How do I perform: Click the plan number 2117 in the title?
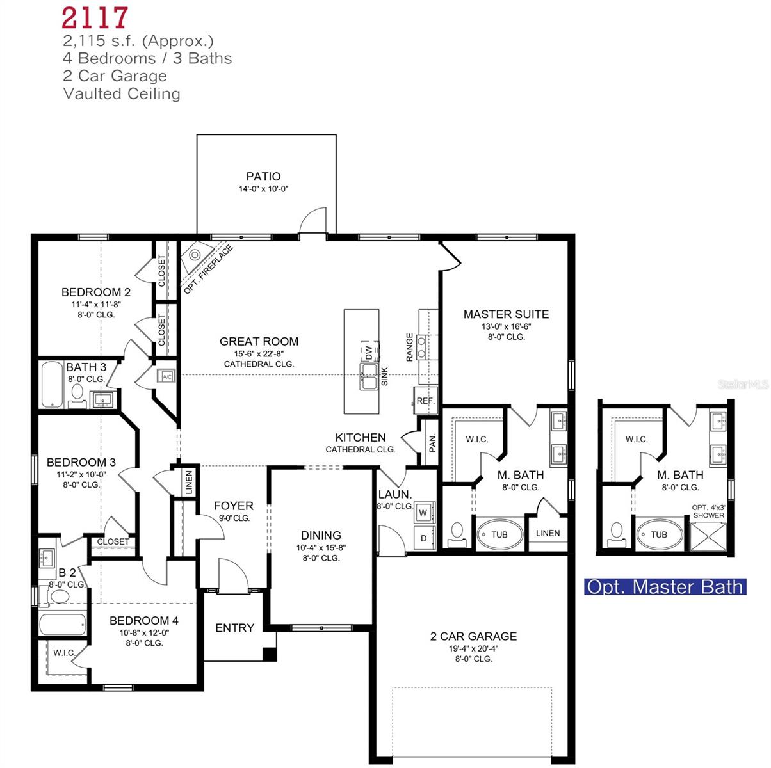click(x=95, y=18)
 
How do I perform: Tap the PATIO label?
click(x=263, y=177)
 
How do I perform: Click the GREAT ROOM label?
click(x=259, y=342)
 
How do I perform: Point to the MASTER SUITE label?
click(x=506, y=314)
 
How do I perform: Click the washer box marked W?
click(x=423, y=513)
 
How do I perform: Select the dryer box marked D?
click(x=423, y=538)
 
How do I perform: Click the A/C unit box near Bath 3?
click(x=166, y=377)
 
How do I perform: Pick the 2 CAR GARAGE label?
click(x=473, y=636)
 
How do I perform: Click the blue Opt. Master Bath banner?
click(x=665, y=587)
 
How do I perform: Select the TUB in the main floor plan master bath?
click(x=499, y=534)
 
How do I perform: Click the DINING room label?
click(x=321, y=536)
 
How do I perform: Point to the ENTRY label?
click(x=234, y=628)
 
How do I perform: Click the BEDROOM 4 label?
click(x=143, y=621)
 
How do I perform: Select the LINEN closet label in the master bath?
click(x=548, y=533)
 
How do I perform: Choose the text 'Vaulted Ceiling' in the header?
click(x=122, y=94)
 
